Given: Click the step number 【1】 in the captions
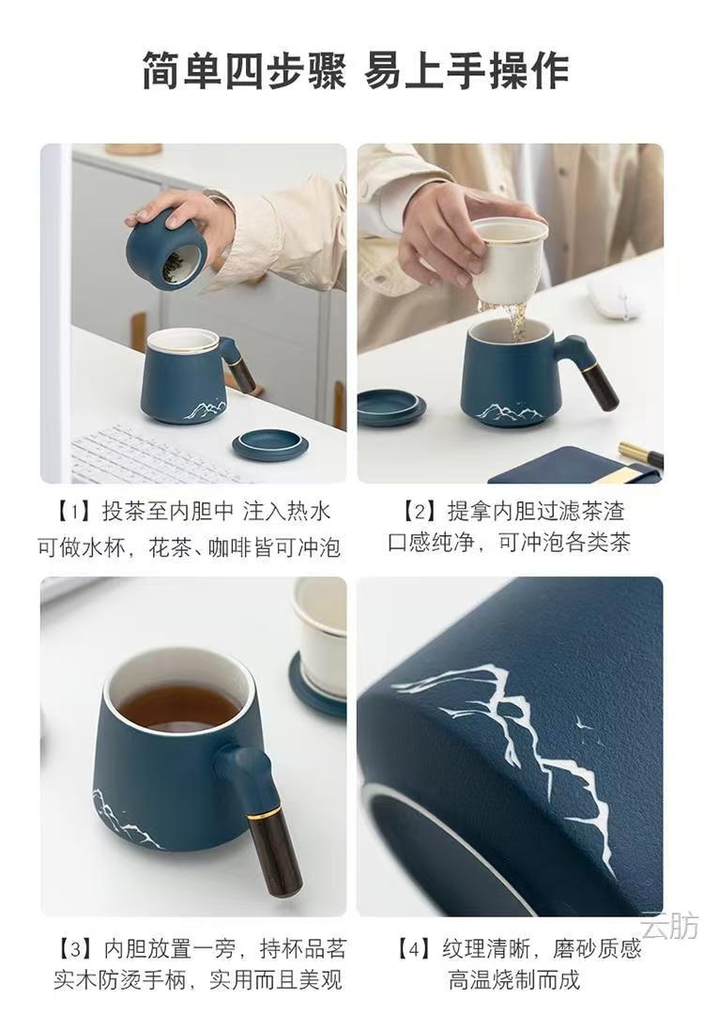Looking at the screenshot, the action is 73,513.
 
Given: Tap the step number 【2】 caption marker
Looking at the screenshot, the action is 420,513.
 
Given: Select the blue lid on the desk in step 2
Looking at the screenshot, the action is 391,407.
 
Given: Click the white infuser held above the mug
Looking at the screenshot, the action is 508,259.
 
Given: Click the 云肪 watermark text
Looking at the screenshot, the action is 669,926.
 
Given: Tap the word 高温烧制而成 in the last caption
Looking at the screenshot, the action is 514,979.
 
